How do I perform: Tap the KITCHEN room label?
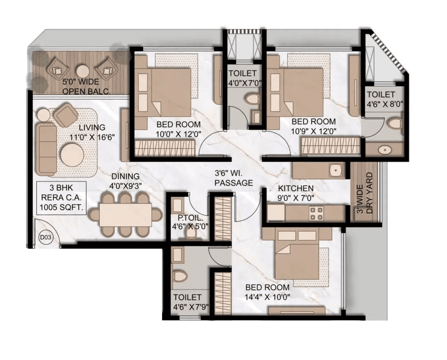(x=296, y=189)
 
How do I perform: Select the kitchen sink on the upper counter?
(x=335, y=170)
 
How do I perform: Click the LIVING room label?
(x=92, y=128)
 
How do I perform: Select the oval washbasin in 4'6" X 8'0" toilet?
(x=384, y=150)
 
